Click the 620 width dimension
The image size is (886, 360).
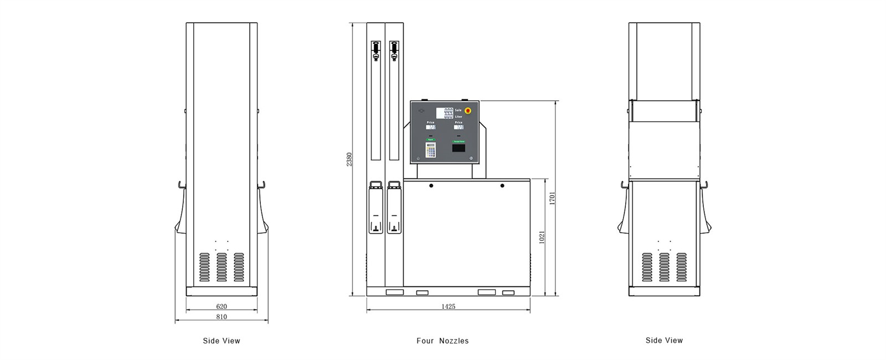click(x=221, y=306)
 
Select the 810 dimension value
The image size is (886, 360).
click(x=221, y=317)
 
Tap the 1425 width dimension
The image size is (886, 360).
click(x=449, y=306)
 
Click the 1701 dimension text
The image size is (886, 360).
click(x=552, y=198)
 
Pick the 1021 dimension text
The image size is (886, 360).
click(x=542, y=236)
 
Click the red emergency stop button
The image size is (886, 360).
click(x=468, y=111)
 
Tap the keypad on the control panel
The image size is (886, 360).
click(x=431, y=149)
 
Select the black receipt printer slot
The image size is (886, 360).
click(x=459, y=149)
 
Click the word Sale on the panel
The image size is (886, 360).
click(x=459, y=110)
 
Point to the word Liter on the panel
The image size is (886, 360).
click(x=459, y=116)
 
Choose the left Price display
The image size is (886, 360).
click(x=431, y=127)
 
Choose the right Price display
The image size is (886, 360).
click(x=459, y=127)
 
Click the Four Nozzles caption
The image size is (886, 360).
click(x=442, y=341)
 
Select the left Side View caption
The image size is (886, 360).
click(x=221, y=341)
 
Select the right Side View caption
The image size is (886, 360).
click(x=664, y=340)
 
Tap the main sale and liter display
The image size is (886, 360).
click(x=445, y=113)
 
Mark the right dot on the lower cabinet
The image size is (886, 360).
click(x=502, y=186)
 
